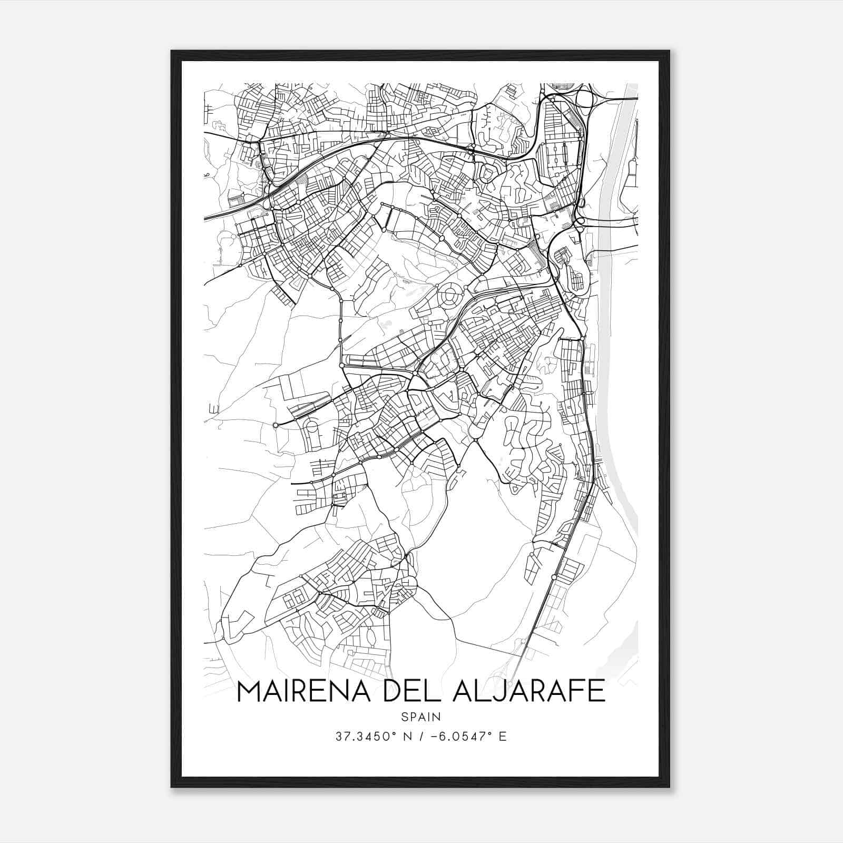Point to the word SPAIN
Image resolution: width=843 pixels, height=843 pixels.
pos(420,717)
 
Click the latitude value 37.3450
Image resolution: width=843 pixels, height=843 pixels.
pos(363,737)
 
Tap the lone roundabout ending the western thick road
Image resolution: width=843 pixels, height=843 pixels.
pos(276,425)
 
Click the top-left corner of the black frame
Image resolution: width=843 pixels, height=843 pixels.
pos(172,52)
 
